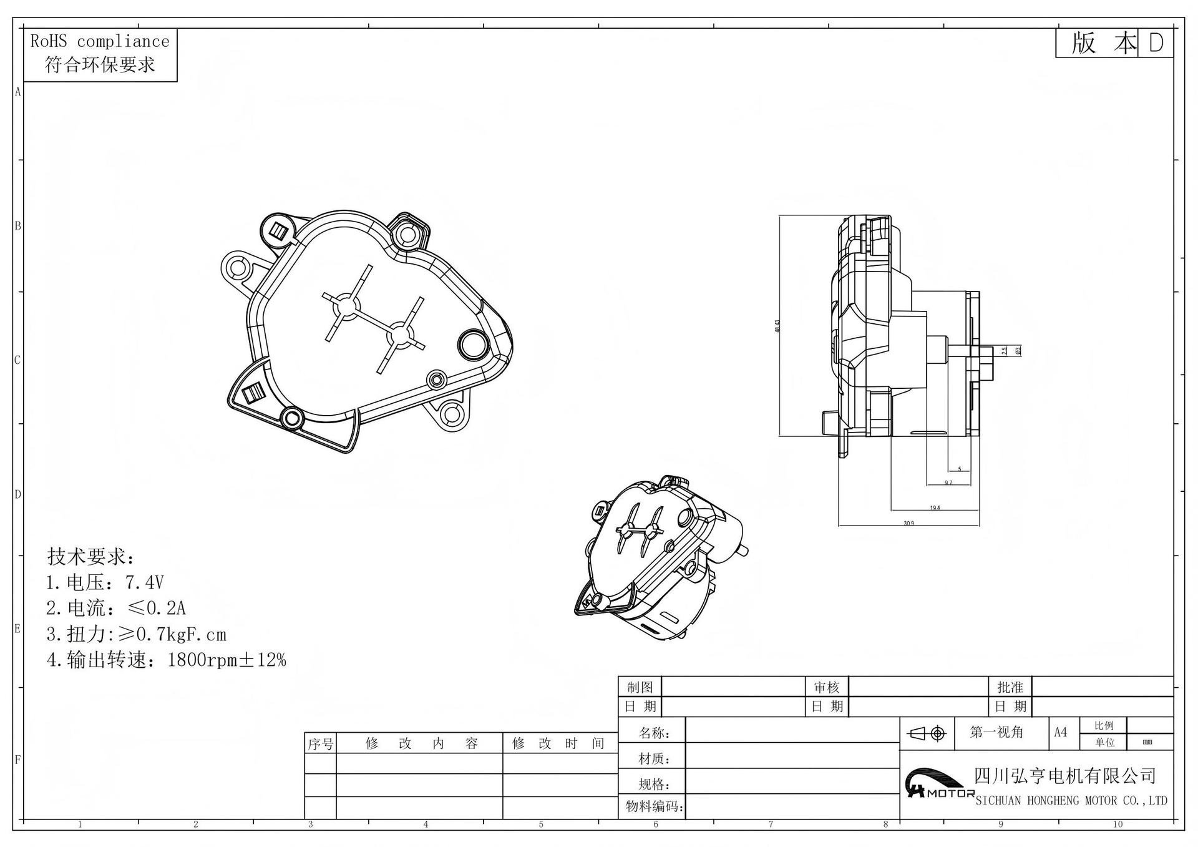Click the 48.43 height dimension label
click(x=777, y=326)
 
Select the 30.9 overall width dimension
click(x=908, y=522)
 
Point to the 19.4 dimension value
click(x=935, y=507)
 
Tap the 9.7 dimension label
click(x=948, y=482)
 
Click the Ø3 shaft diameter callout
click(x=1018, y=351)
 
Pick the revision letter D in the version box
click(x=1156, y=43)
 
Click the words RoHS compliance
click(x=100, y=42)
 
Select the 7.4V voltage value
click(x=144, y=582)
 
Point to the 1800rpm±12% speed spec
click(x=226, y=660)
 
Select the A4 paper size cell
click(x=1060, y=732)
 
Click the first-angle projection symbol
click(x=928, y=733)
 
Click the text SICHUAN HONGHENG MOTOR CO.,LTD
click(x=1071, y=800)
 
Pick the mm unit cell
click(x=1147, y=742)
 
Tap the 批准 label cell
click(x=1010, y=687)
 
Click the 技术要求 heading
click(x=90, y=556)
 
